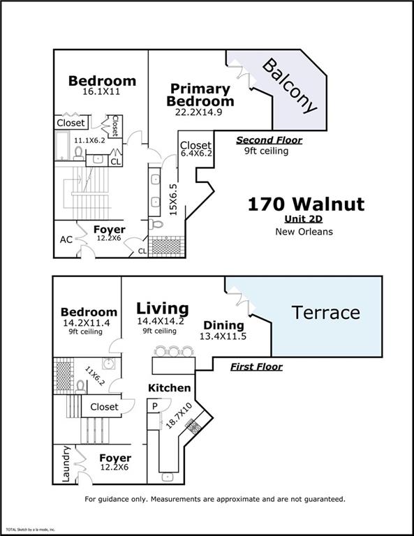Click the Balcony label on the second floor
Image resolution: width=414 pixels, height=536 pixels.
(x=290, y=86)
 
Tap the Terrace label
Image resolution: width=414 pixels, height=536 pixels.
(x=325, y=313)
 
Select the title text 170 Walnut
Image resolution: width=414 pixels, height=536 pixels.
(x=306, y=204)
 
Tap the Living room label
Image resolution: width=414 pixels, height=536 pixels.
(x=162, y=308)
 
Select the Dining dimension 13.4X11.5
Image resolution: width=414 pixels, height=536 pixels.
(x=223, y=336)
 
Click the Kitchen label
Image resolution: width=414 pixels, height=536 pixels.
(x=169, y=387)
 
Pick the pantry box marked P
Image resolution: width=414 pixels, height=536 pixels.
(x=152, y=405)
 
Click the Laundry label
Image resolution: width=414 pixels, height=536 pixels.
(x=66, y=463)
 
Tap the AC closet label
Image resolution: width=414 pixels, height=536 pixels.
(x=66, y=239)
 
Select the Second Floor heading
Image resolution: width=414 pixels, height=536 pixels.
(x=269, y=140)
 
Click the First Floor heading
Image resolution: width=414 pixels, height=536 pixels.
(x=256, y=366)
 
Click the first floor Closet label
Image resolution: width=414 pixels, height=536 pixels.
(x=104, y=406)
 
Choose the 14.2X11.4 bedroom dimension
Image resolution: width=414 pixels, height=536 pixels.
(x=89, y=323)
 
